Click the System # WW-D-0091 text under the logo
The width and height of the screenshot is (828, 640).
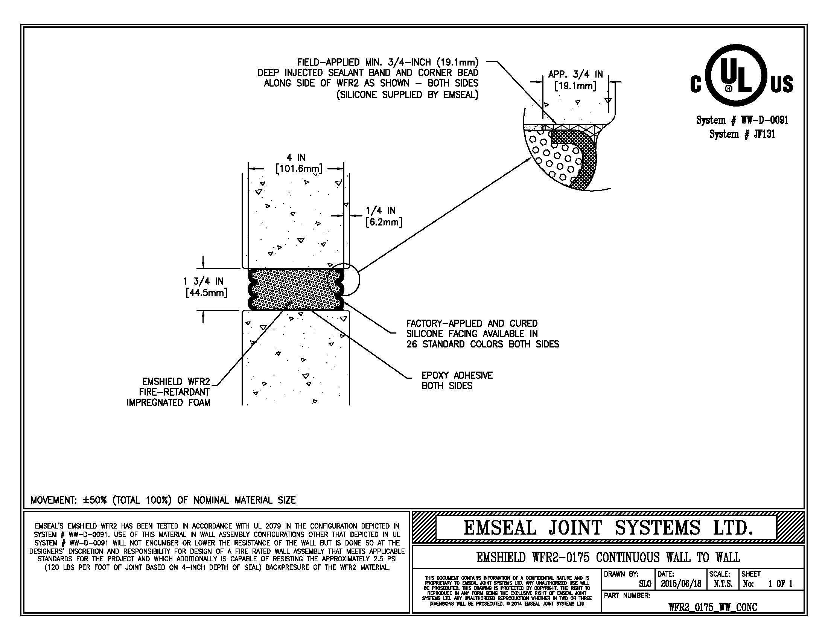(742, 120)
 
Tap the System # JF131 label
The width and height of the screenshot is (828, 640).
(742, 134)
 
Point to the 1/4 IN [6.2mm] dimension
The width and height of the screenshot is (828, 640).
(384, 216)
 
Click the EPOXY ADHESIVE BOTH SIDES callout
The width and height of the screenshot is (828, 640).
(457, 380)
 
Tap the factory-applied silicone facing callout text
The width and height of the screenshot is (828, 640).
(482, 334)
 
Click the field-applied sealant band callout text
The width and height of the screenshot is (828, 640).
(368, 78)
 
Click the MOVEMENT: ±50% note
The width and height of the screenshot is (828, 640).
(163, 500)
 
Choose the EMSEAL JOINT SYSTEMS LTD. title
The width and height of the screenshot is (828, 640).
(608, 527)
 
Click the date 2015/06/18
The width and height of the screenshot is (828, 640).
(681, 584)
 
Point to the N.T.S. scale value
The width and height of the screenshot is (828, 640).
(723, 584)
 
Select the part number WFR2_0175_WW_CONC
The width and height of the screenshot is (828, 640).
(712, 607)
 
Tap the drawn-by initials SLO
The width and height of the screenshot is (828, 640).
(644, 584)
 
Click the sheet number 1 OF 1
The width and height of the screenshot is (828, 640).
(780, 584)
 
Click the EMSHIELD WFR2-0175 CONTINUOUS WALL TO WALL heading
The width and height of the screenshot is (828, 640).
(608, 557)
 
